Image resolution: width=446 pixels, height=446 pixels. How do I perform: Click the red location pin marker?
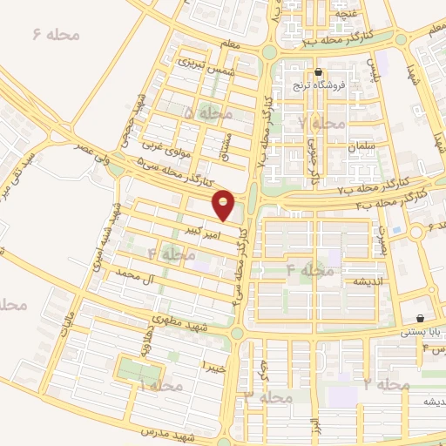point(224,206)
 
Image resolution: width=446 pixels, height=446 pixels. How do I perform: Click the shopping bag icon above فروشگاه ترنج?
point(318,73)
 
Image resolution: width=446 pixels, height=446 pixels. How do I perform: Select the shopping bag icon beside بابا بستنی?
point(421,319)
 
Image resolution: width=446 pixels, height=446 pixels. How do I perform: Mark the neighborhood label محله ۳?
point(267,397)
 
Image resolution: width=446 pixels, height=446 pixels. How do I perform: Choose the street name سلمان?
point(359,147)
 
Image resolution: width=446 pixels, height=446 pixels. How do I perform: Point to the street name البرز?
point(314,429)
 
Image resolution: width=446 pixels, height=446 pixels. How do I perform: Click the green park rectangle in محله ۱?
point(134,369)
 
